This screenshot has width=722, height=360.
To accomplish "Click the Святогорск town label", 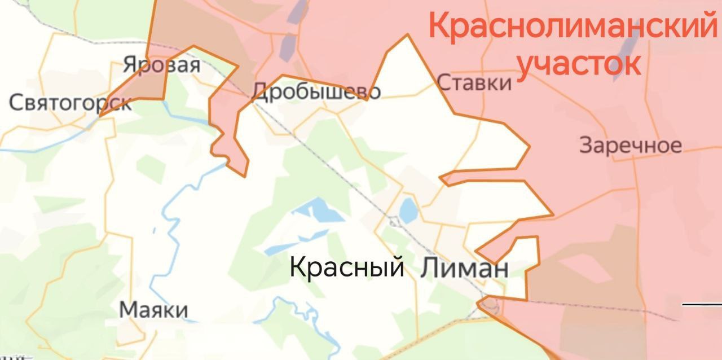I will (71, 103).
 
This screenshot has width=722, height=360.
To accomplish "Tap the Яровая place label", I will (162, 65).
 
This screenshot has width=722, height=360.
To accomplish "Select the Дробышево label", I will (316, 91).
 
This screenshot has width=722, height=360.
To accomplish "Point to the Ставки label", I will (474, 83).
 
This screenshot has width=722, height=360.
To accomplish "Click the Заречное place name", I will (630, 146).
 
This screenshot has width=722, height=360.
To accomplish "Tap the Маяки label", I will (153, 310).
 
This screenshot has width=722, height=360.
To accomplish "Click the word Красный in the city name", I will (346, 266).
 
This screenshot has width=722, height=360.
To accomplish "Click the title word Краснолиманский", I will (571, 27).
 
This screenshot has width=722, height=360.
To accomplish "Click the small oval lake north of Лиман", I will (407, 211).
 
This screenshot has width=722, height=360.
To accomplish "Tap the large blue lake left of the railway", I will (319, 212).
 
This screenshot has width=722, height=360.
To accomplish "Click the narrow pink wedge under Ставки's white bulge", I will (485, 175).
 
